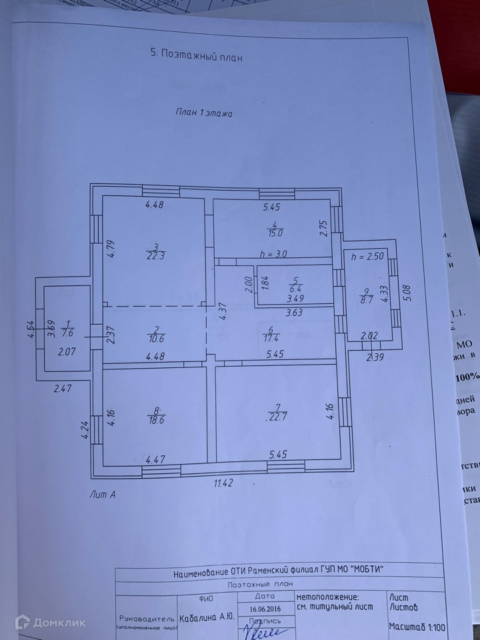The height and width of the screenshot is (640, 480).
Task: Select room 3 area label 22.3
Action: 155,255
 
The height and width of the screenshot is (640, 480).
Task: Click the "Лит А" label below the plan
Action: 103,494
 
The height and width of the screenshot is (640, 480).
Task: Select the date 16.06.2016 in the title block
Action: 266,609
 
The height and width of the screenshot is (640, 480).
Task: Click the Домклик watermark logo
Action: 51,623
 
